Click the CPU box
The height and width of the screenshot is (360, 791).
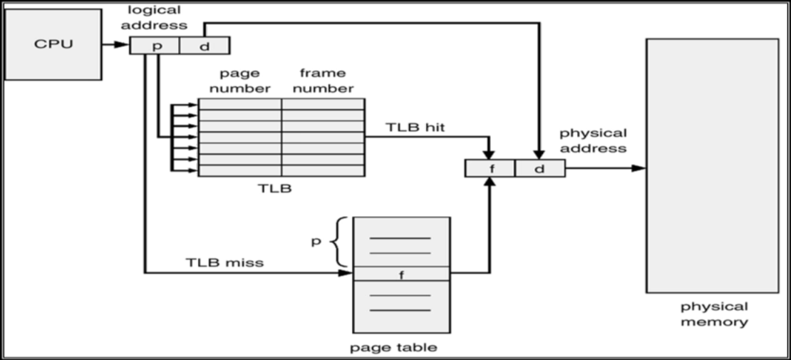click(x=55, y=43)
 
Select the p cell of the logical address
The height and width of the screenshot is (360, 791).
click(x=155, y=46)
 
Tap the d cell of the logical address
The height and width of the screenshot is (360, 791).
click(x=204, y=46)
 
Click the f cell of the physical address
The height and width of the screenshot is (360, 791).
click(x=490, y=169)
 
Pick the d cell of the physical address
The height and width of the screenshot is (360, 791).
click(x=539, y=169)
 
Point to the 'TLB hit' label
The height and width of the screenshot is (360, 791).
click(x=416, y=127)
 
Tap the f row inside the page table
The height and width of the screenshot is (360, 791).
click(x=401, y=274)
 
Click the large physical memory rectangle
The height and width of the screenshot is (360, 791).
click(x=712, y=165)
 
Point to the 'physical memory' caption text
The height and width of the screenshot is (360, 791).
click(x=714, y=314)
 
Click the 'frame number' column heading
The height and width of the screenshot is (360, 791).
click(x=322, y=81)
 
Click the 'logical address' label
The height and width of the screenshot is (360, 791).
click(x=159, y=18)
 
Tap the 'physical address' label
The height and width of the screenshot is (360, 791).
click(x=593, y=140)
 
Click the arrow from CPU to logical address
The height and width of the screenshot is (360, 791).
click(x=116, y=45)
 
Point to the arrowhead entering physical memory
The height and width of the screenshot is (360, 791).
click(x=639, y=169)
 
